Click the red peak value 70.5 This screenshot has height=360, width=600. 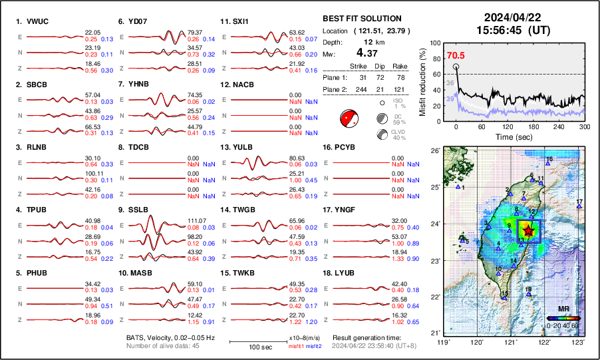pyautogui.click(x=456, y=57)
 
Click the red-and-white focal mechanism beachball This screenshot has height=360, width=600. pyautogui.click(x=349, y=119)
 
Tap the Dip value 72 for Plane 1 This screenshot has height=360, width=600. pyautogui.click(x=385, y=78)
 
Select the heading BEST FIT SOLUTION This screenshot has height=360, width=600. pyautogui.click(x=362, y=19)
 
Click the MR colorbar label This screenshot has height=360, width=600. pyautogui.click(x=563, y=309)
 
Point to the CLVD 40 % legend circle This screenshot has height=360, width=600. pyautogui.click(x=382, y=134)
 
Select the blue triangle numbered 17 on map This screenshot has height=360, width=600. pyautogui.click(x=579, y=207)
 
